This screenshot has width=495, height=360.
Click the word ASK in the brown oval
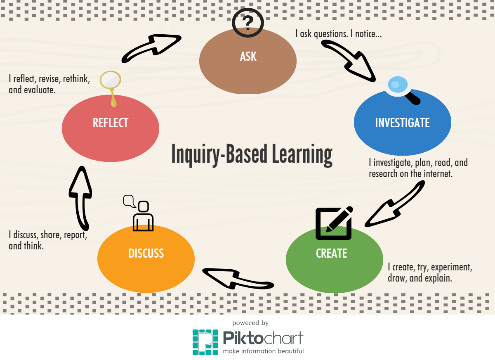click(248, 57)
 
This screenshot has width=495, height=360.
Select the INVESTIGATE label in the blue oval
click(402, 123)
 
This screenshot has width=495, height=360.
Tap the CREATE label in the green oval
click(331, 253)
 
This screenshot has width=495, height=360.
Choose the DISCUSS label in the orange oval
click(146, 253)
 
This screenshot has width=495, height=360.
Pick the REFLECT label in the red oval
click(110, 123)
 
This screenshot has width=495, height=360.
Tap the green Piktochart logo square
click(205, 342)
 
